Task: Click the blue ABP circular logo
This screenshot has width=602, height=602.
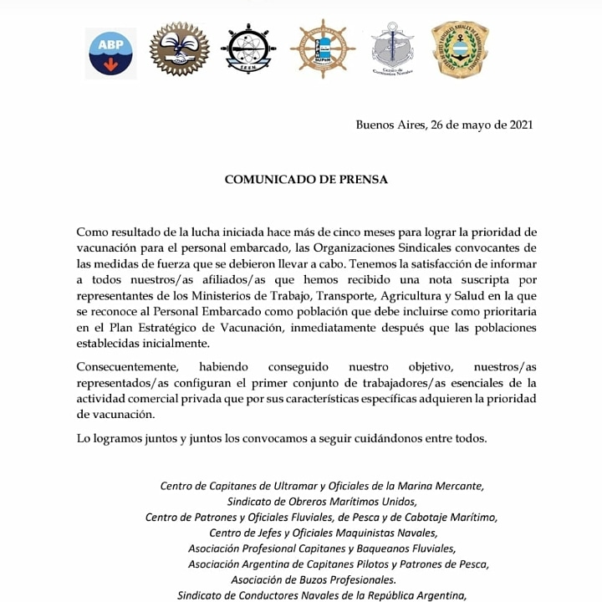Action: point(111,51)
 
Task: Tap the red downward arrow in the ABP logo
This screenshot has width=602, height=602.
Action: point(111,64)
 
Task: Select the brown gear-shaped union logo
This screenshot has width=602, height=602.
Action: point(179,48)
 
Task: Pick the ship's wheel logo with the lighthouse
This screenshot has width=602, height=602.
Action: point(323,48)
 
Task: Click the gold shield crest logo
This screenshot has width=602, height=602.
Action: point(460,49)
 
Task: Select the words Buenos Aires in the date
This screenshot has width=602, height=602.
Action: point(389,125)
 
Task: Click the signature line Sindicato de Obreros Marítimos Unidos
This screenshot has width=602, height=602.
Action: point(322,501)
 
